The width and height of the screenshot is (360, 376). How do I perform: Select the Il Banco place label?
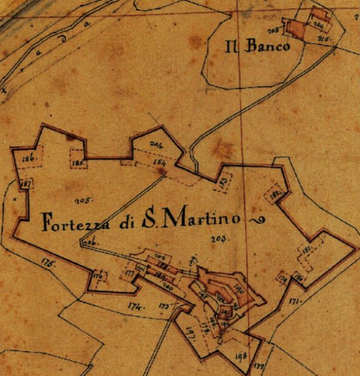point(257,47)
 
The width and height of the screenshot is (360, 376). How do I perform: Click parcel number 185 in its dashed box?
point(77,163)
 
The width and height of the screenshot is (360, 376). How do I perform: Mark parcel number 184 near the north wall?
point(160,163)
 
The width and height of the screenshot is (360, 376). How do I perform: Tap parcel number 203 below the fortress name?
point(217,240)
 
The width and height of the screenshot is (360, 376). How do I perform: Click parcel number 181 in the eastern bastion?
point(307,250)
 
